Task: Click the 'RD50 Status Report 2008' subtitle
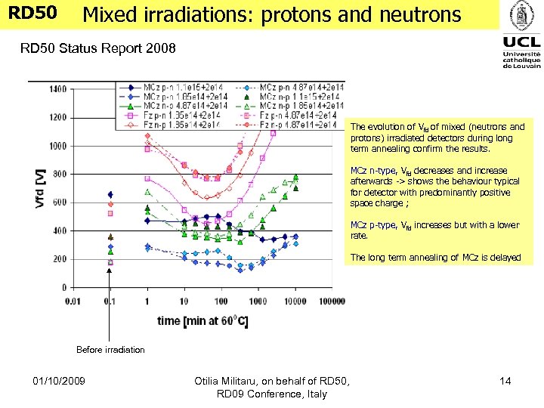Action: (98, 49)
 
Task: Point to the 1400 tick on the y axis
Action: (57, 89)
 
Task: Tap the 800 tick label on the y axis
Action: (57, 174)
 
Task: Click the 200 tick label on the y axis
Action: (57, 259)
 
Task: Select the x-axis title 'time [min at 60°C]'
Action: (202, 321)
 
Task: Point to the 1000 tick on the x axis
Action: (257, 301)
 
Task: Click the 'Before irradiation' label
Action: (110, 350)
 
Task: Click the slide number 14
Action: (506, 382)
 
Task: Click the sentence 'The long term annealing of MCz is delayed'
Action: (436, 258)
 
